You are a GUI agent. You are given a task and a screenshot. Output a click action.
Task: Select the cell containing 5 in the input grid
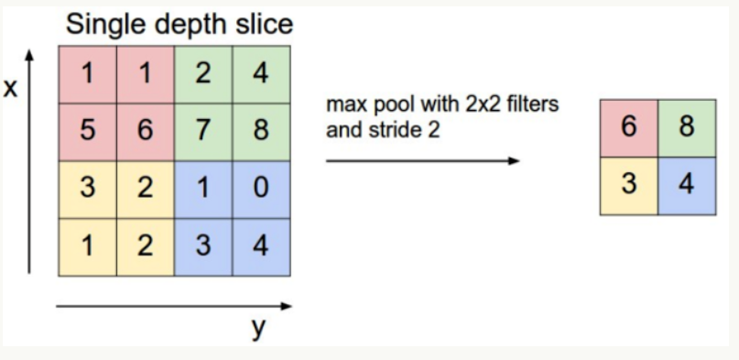click(x=89, y=130)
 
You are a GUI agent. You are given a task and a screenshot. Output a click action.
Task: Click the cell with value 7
click(x=203, y=130)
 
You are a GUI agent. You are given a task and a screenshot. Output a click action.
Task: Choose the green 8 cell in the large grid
click(x=261, y=130)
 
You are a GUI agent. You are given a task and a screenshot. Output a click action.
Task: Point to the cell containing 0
click(x=261, y=188)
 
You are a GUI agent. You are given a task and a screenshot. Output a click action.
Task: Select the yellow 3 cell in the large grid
click(x=89, y=188)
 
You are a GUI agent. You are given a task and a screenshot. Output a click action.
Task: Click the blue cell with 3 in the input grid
click(x=203, y=245)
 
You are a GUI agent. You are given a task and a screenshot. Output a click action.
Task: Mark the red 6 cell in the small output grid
click(x=628, y=127)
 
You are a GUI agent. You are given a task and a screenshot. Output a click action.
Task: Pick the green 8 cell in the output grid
click(x=686, y=127)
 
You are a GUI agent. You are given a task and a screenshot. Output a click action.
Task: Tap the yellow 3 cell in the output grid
click(x=628, y=185)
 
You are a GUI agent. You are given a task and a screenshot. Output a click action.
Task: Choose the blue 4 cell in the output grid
click(x=686, y=185)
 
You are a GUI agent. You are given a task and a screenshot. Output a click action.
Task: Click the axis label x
click(x=11, y=89)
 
